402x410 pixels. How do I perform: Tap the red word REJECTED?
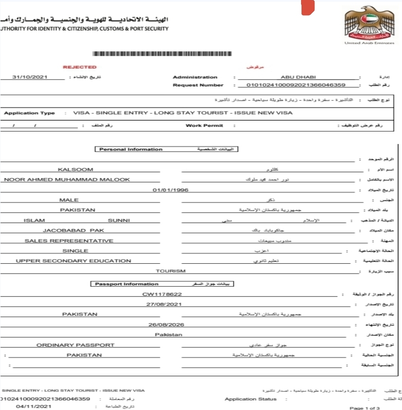click(80, 67)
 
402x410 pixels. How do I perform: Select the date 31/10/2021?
click(30, 77)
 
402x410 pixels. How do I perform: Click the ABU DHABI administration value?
click(295, 77)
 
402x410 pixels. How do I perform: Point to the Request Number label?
click(198, 85)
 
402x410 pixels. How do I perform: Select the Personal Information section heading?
click(131, 149)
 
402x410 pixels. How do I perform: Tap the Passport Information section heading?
click(127, 284)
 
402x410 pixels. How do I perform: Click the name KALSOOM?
click(76, 170)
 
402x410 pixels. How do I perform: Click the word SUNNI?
click(119, 220)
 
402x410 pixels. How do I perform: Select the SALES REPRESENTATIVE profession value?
click(69, 241)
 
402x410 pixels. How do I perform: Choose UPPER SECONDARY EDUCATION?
click(73, 261)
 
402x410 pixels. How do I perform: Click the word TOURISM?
click(170, 271)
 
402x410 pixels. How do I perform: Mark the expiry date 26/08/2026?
click(166, 324)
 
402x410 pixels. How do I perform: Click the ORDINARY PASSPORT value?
click(75, 345)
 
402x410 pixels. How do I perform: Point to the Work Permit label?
click(204, 126)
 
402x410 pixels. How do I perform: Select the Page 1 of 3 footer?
click(365, 408)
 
